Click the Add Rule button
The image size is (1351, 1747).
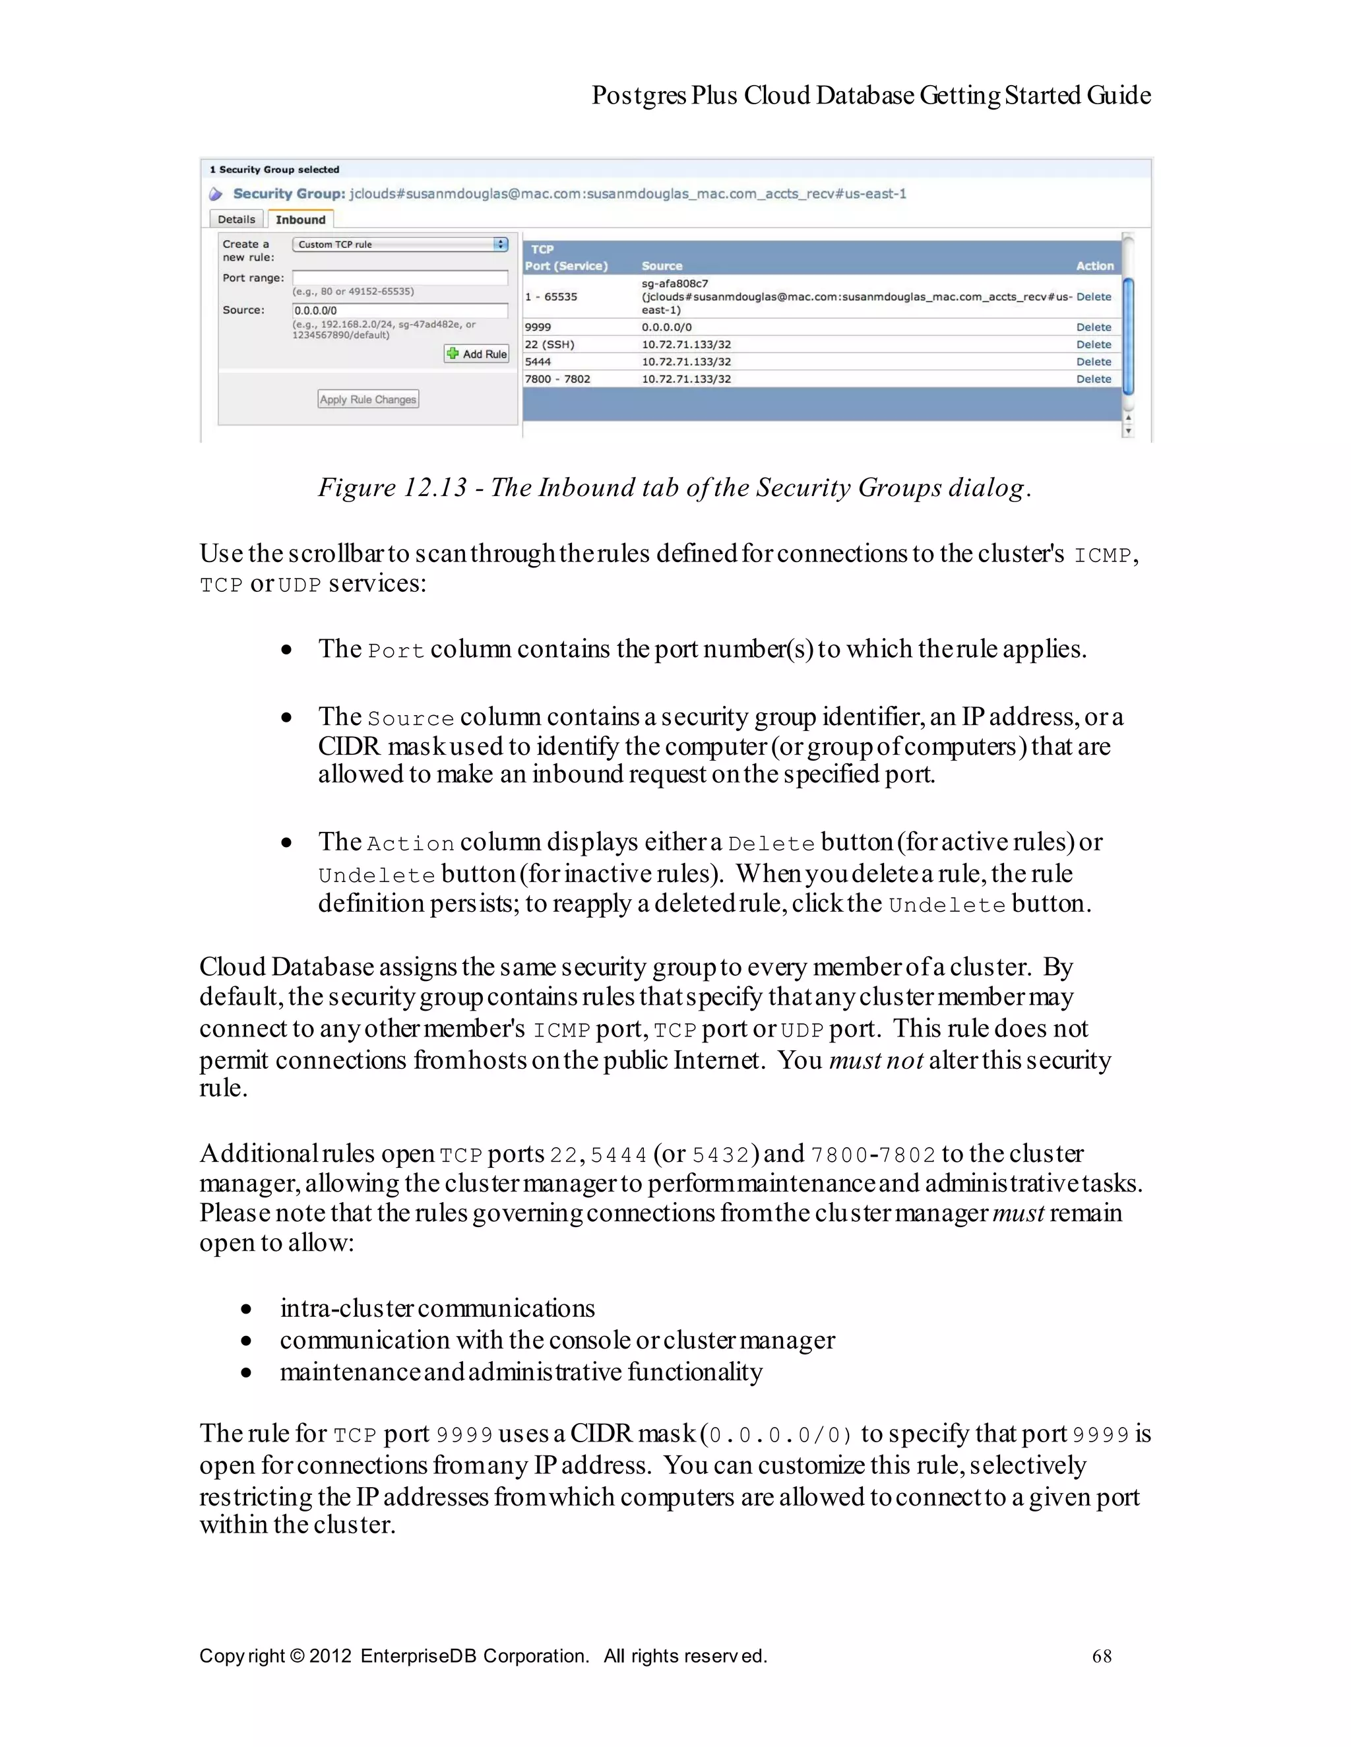coord(477,354)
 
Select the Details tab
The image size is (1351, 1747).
coord(236,219)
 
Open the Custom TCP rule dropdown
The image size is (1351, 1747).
coord(400,244)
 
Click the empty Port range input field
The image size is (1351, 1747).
coord(400,278)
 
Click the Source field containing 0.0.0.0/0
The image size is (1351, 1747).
coord(400,310)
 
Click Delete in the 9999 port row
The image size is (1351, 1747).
coord(1094,327)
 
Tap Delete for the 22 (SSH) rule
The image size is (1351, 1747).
coord(1094,345)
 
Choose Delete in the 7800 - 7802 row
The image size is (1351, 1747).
coord(1094,379)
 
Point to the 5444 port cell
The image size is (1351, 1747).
coord(538,362)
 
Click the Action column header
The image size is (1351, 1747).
coord(1094,266)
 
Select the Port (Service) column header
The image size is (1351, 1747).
coord(566,266)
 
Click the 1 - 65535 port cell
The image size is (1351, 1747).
coord(551,297)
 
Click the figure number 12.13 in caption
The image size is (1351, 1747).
coord(434,487)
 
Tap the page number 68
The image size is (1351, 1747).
coord(1102,1656)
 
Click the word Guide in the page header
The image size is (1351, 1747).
coord(1118,95)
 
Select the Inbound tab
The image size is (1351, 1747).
coord(301,219)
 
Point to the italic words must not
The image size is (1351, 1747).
coord(876,1060)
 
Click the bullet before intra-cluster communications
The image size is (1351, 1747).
coord(246,1310)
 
